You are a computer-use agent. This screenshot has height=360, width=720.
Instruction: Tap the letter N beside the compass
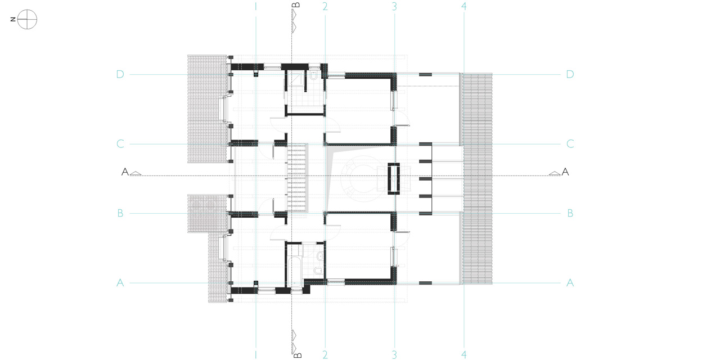coord(13,19)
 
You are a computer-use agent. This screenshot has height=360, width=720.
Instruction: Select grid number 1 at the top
coord(256,6)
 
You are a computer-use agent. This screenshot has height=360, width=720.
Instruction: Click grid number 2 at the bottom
coord(325,354)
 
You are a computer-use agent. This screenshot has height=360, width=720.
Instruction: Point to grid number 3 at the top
coord(394,6)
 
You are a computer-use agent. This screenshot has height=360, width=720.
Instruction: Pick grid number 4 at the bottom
coord(464,354)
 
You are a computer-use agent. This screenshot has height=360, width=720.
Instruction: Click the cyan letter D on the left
coord(120,74)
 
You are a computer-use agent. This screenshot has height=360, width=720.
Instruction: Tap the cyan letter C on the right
coord(570,143)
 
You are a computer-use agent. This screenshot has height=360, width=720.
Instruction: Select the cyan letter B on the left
coord(120,213)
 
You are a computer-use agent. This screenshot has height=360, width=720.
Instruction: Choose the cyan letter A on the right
coord(570,283)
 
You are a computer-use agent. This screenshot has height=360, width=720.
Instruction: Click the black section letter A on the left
coord(125,172)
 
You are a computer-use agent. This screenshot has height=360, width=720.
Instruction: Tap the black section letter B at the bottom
coord(298,355)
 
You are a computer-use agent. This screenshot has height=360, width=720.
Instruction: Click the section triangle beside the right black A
coord(555,173)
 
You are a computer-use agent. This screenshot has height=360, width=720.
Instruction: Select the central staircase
coord(296,177)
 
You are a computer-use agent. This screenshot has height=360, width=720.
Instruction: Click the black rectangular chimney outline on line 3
coord(393,179)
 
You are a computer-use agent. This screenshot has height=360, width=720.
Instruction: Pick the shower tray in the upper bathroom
coord(295,78)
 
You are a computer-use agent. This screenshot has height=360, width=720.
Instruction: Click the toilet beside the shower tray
coord(314,76)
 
